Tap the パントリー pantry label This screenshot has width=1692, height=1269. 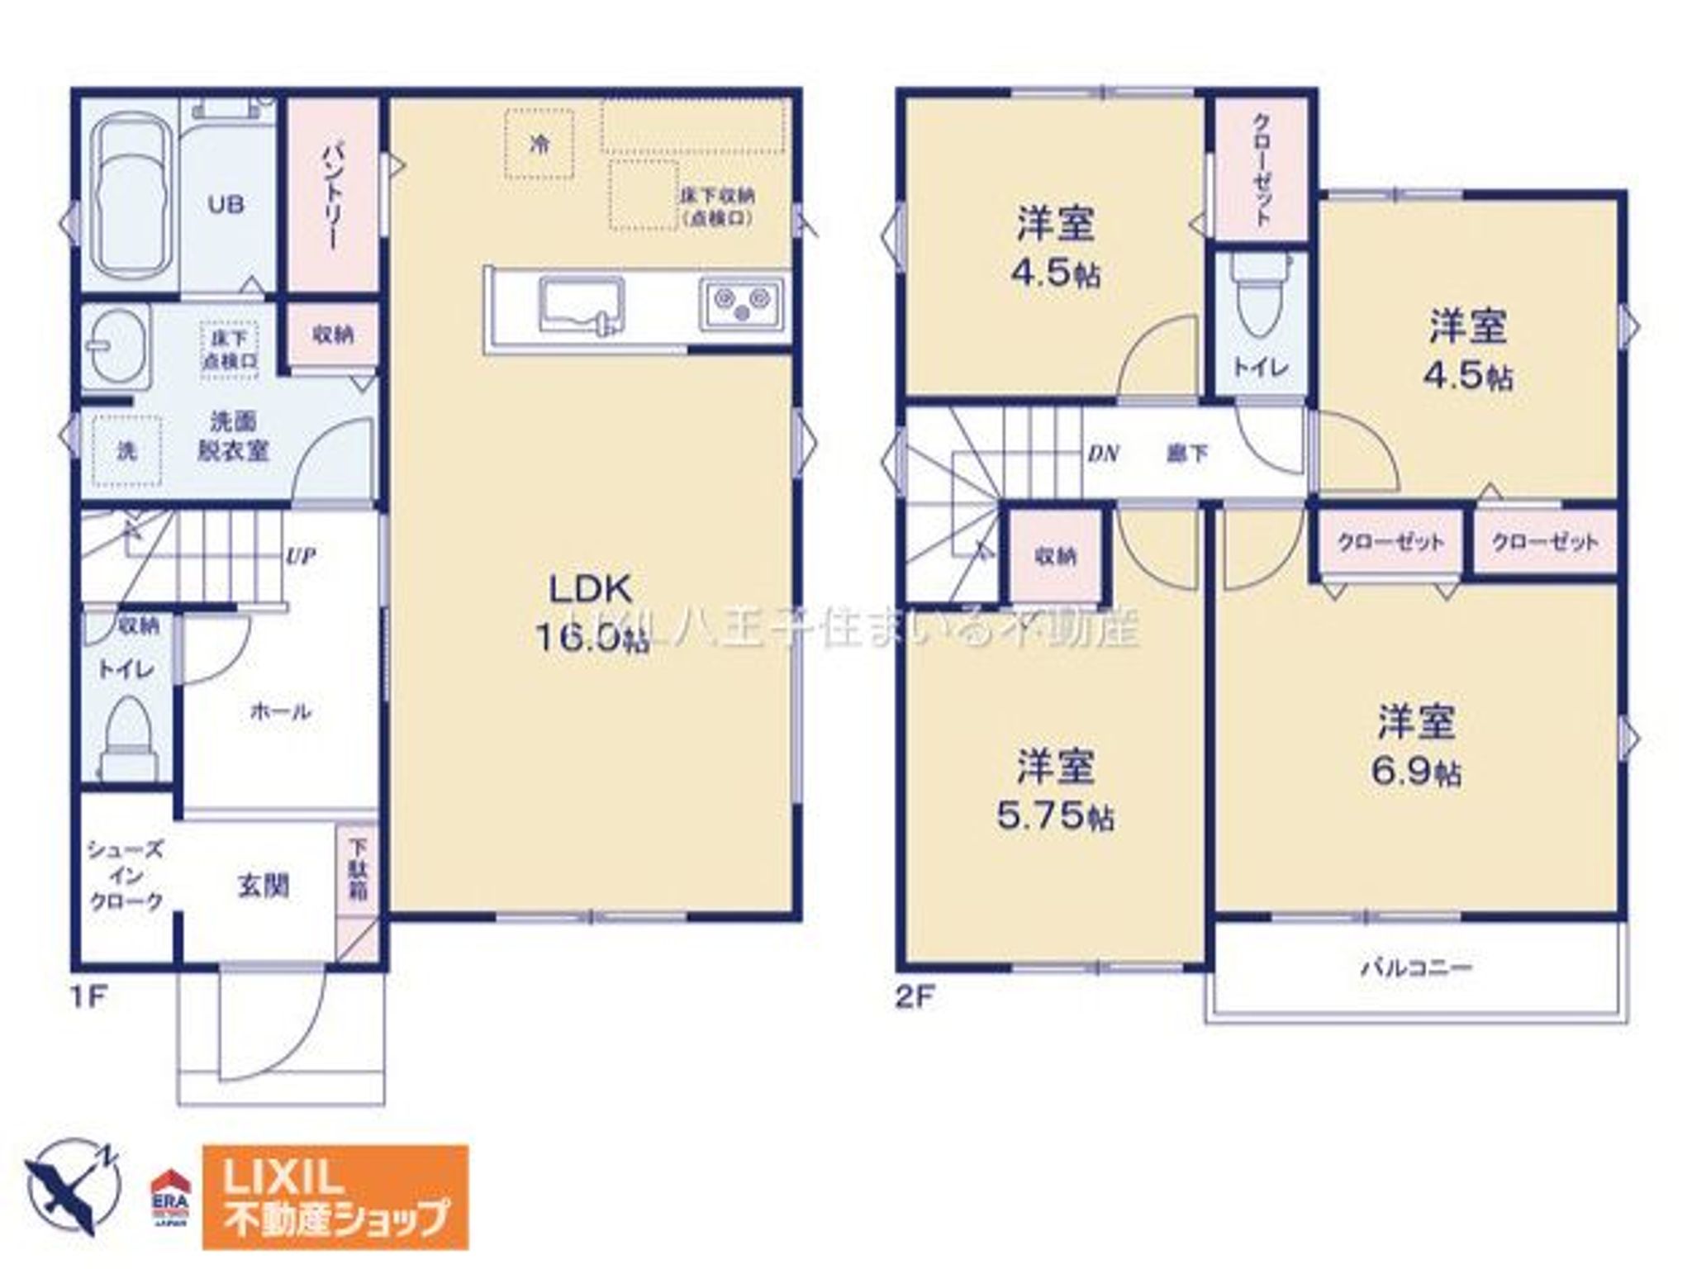coord(332,196)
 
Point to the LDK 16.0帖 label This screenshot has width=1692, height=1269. coord(591,612)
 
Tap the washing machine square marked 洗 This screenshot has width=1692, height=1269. coord(126,451)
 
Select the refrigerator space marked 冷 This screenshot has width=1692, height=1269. coord(539,145)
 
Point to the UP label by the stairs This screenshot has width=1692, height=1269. coord(301,555)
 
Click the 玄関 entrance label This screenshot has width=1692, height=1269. coord(263,886)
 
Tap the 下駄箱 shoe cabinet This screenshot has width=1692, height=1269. coord(358,870)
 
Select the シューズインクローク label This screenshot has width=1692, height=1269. coord(126,876)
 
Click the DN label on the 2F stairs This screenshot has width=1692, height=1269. coord(1102,453)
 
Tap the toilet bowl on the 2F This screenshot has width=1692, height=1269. coord(1259,299)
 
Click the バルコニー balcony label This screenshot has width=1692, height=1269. coord(1416,967)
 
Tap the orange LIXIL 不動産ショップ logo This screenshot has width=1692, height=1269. coord(335,1196)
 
